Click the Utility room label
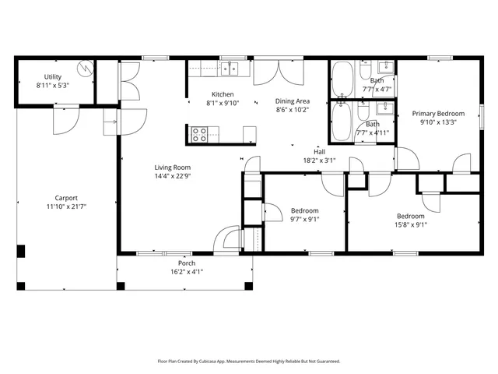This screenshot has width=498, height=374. pos(53,77)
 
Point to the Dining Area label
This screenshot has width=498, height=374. pos(293,101)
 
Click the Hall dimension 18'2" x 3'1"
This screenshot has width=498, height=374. pos(319,161)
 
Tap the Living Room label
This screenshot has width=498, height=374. pos(172,168)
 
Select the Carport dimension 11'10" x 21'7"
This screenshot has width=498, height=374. pos(65,206)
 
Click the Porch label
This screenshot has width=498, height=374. pos(186,263)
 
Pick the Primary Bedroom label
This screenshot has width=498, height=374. pos(437,113)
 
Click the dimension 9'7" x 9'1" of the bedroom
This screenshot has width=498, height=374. pos(305,219)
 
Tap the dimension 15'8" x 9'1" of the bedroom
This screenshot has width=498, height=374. pos(411,224)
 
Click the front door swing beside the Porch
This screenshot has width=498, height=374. pos(228,238)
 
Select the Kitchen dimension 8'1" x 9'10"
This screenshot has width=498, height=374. pos(223,103)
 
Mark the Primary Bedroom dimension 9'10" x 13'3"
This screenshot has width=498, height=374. pos(437,122)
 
